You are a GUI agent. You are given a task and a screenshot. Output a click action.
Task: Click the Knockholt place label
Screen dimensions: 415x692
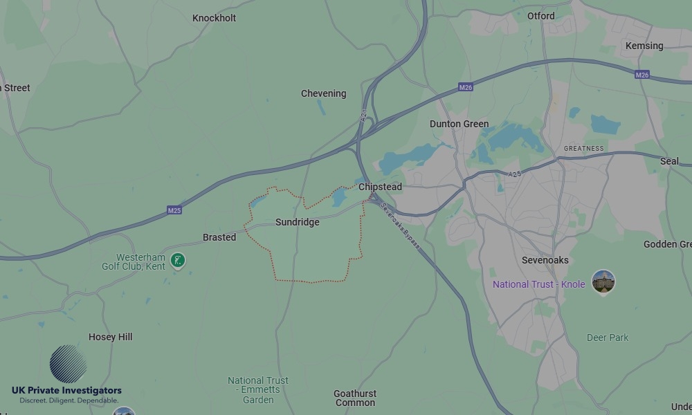(x=214, y=18)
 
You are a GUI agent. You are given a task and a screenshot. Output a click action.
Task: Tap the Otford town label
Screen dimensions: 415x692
(x=540, y=16)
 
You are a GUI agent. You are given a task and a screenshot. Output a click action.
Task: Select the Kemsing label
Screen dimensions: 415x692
(x=644, y=46)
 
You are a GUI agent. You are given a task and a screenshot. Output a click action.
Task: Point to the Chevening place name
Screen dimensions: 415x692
(x=323, y=93)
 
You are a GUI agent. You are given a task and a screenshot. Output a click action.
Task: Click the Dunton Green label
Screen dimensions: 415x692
(x=459, y=124)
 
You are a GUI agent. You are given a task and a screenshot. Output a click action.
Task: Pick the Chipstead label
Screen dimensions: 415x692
(x=380, y=187)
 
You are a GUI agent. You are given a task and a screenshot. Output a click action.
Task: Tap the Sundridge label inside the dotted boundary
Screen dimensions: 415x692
(x=298, y=223)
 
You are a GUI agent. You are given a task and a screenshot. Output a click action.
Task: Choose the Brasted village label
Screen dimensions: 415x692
(x=219, y=237)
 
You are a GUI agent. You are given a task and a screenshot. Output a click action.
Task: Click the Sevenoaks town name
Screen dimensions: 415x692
(x=545, y=260)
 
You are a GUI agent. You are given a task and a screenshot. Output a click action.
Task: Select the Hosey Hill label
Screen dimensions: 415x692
(x=111, y=337)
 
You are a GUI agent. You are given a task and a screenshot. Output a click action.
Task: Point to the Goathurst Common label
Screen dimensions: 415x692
(x=355, y=398)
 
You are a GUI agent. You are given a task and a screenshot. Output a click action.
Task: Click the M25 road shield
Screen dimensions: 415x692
(x=174, y=210)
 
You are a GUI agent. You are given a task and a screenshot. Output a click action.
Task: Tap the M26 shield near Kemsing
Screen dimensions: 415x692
(x=642, y=75)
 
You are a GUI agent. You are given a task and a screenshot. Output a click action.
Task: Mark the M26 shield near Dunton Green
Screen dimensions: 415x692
(x=465, y=88)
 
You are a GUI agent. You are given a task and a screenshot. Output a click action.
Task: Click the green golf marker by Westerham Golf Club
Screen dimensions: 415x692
(x=179, y=261)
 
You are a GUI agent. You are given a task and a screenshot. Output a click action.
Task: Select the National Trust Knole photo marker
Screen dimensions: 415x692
(x=603, y=282)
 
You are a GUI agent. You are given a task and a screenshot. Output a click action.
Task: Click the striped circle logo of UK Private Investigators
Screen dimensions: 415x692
(x=69, y=364)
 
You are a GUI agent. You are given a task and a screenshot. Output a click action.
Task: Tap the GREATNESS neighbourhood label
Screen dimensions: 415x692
(x=583, y=149)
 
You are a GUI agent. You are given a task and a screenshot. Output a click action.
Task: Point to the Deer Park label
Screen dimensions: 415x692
(x=608, y=338)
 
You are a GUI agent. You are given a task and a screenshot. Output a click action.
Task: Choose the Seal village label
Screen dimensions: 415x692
(x=669, y=161)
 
